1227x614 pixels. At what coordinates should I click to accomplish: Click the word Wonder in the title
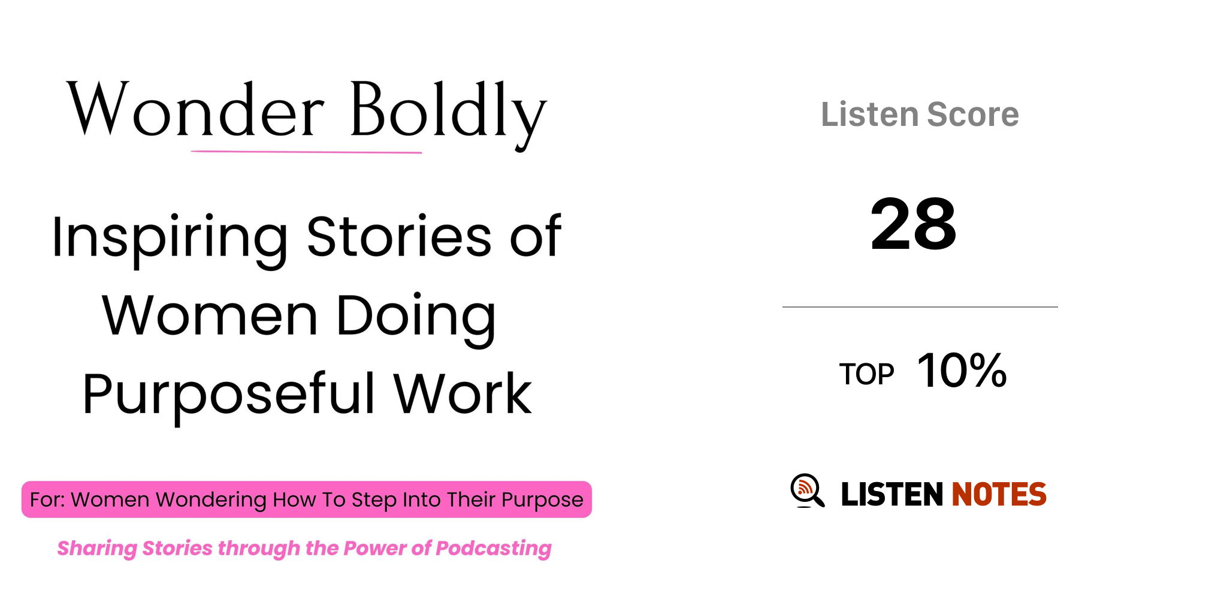pos(195,109)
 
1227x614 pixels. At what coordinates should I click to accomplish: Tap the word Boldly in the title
pos(448,114)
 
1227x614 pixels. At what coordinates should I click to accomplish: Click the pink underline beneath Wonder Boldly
pos(306,152)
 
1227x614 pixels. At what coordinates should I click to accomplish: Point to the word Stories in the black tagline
pos(399,236)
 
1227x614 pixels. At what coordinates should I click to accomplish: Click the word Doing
pos(416,318)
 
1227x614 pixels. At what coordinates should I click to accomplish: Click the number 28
pos(913,224)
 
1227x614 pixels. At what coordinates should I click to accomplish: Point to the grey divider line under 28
pos(920,307)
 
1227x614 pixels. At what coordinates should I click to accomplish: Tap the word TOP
pos(866,374)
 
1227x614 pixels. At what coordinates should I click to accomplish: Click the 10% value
pos(962,371)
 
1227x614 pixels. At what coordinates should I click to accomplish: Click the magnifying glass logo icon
pos(807,491)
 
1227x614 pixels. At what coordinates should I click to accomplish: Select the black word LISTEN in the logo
pos(892,494)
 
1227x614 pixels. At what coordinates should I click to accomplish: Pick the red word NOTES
pos(999,494)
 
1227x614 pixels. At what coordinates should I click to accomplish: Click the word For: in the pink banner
pos(48,499)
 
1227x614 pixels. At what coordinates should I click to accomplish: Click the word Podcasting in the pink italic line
pos(493,549)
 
